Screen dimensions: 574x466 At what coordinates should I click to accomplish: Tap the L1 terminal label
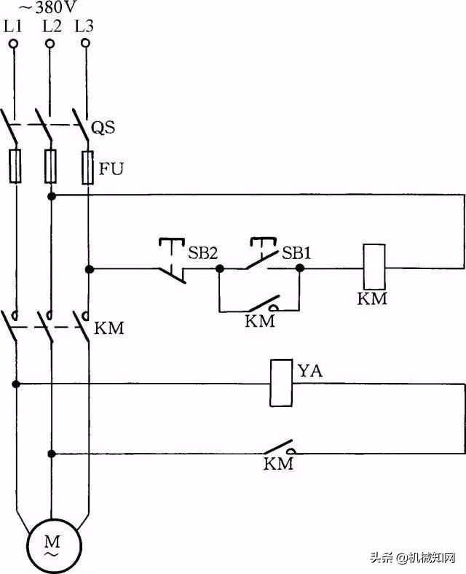click(13, 26)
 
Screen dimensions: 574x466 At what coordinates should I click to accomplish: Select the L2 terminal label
click(52, 26)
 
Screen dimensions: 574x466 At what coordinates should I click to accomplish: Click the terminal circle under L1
click(13, 44)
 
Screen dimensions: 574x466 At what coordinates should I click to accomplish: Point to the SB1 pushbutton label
click(296, 253)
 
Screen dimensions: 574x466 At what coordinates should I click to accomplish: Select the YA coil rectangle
click(281, 383)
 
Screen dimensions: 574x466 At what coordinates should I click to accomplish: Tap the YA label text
click(309, 371)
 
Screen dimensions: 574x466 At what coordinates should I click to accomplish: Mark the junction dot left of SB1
click(219, 269)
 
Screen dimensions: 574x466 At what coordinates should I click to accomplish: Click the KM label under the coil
click(372, 299)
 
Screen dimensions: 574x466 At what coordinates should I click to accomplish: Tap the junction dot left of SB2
click(88, 269)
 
